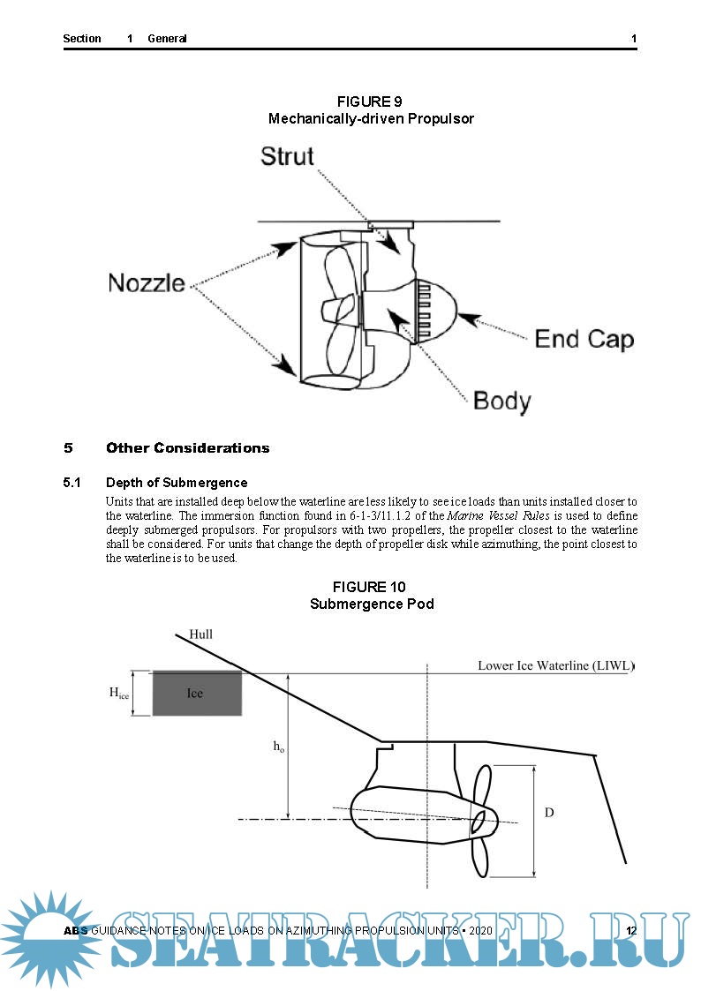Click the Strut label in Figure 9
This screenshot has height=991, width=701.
tap(287, 156)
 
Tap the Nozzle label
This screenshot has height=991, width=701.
tap(147, 283)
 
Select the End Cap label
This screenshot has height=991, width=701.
tap(584, 339)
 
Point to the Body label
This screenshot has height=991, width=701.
tap(502, 402)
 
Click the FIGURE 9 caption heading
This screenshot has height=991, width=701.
tap(371, 101)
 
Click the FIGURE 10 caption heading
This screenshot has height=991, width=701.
tap(371, 587)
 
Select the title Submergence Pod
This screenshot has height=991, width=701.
tap(371, 604)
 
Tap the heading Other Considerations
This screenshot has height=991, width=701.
tap(187, 448)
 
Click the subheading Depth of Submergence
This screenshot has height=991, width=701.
tap(177, 483)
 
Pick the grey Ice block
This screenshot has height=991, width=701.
tap(196, 693)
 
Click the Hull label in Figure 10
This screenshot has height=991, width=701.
tap(200, 634)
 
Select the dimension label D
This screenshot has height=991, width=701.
tap(549, 812)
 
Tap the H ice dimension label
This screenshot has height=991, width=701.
tap(119, 694)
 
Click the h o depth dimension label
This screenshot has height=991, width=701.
tap(278, 747)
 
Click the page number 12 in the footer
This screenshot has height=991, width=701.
tap(631, 932)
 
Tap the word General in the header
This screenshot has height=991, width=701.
tap(167, 39)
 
